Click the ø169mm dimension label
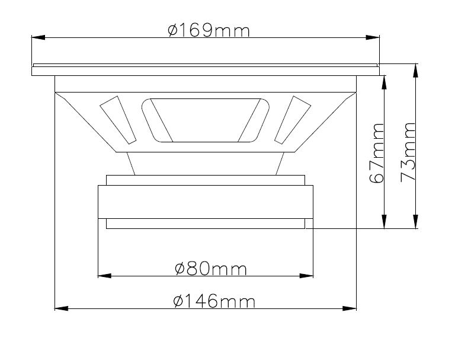(209, 31)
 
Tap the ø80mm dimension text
(211, 269)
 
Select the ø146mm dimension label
(214, 301)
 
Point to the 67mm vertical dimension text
(377, 153)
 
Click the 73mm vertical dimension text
(408, 152)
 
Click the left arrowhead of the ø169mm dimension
(39, 37)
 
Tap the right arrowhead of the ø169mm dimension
(373, 37)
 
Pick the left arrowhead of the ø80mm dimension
(105, 275)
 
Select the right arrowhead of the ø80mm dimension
(306, 275)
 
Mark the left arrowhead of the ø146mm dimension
(62, 308)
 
